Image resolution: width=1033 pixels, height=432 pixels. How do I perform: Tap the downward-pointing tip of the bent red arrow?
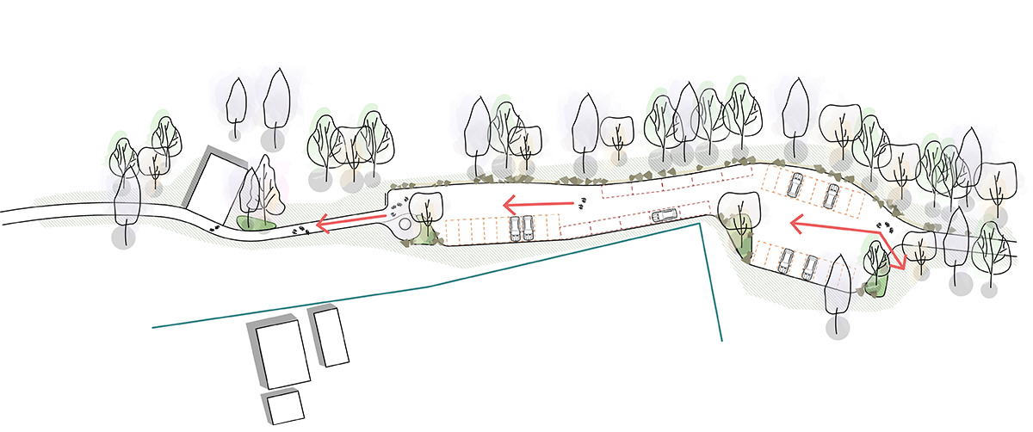pos(901,267)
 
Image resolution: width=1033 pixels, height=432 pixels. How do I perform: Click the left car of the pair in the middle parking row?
pos(515,227)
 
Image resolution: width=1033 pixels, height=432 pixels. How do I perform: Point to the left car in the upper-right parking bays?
pos(795,184)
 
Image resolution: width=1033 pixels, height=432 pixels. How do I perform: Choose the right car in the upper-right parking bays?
pos(831,195)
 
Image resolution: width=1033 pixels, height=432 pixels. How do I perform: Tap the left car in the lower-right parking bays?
pos(785,259)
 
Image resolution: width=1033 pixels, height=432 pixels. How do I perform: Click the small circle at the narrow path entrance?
pos(405,222)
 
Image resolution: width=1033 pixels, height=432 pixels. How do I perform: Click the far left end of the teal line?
pos(153,327)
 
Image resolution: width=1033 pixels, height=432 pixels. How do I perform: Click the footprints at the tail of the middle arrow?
pos(583,203)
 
